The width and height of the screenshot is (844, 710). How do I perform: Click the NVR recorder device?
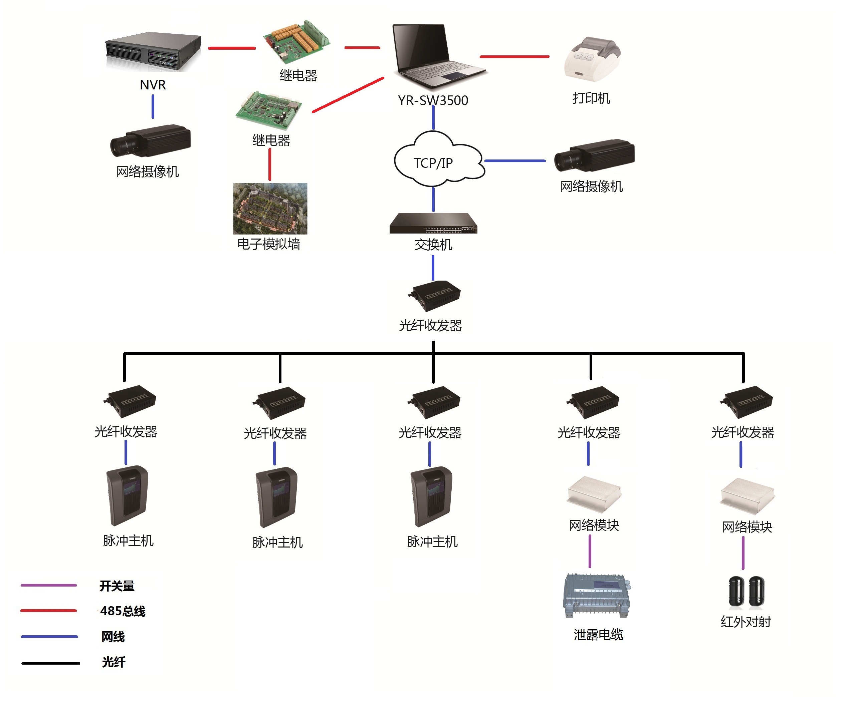tap(153, 51)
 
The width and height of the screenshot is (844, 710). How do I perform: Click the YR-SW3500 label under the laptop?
tap(433, 100)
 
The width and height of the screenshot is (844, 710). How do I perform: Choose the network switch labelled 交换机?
tap(433, 224)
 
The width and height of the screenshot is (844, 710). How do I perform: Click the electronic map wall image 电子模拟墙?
tap(270, 209)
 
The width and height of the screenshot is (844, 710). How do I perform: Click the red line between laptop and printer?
tap(514, 57)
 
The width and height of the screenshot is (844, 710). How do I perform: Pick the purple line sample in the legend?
tap(49, 585)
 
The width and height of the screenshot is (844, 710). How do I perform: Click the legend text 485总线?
tap(123, 611)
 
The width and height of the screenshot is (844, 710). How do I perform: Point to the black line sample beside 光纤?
tap(51, 663)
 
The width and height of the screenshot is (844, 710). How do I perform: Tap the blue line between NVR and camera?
tap(153, 107)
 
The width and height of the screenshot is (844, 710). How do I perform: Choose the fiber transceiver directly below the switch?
tap(434, 296)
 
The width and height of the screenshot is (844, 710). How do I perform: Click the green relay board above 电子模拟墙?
tap(268, 109)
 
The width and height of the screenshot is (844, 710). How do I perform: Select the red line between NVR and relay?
tap(232, 48)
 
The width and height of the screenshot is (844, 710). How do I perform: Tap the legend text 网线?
tap(113, 637)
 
